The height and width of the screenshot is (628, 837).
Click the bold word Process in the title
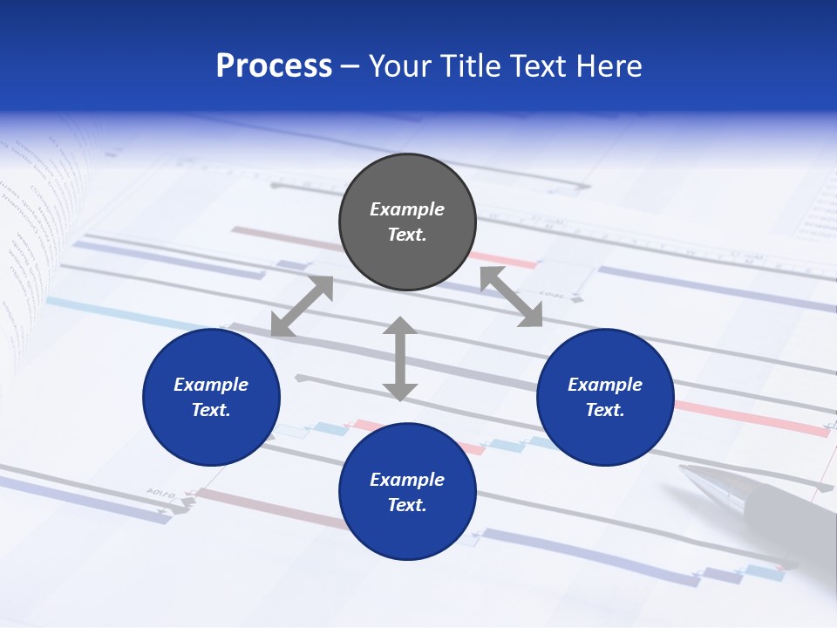[274, 66]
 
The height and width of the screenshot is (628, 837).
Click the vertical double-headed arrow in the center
[400, 358]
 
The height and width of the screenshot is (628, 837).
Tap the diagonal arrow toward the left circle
[302, 306]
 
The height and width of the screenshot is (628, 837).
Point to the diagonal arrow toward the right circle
[511, 297]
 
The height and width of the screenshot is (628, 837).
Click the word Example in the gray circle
[407, 209]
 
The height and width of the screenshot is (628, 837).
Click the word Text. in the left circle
[211, 410]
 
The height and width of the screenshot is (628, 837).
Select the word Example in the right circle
[605, 385]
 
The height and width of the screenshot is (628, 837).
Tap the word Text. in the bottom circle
[407, 505]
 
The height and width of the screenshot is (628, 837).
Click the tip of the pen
[685, 471]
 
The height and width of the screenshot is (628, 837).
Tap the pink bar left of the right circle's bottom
[750, 419]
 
